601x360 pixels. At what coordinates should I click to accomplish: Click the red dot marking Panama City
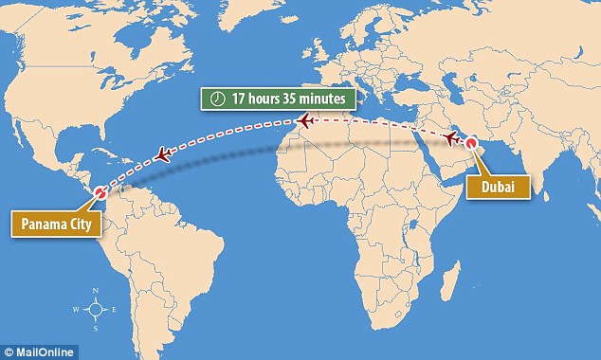coord(100,194)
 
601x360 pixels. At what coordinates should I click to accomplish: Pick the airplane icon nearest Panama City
coord(163,153)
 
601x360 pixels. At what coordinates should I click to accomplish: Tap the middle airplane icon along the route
coord(304,120)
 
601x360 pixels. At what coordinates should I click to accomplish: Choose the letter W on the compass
coord(77,311)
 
